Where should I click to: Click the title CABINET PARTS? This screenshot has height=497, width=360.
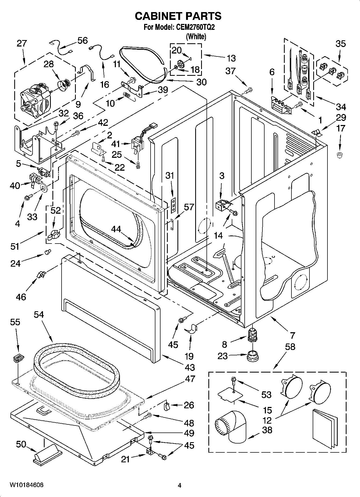click(178, 16)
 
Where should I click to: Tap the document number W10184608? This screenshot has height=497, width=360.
click(27, 485)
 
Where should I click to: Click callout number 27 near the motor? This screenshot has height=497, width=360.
click(22, 44)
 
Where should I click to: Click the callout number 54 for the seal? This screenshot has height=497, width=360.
click(39, 314)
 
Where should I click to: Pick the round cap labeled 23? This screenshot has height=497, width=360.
click(252, 356)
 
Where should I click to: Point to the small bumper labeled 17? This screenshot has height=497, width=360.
click(340, 155)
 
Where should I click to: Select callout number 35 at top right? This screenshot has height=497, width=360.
click(340, 44)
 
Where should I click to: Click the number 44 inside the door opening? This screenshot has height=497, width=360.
click(116, 229)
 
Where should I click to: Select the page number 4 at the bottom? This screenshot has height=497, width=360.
click(179, 485)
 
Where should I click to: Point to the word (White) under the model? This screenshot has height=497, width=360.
click(196, 36)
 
